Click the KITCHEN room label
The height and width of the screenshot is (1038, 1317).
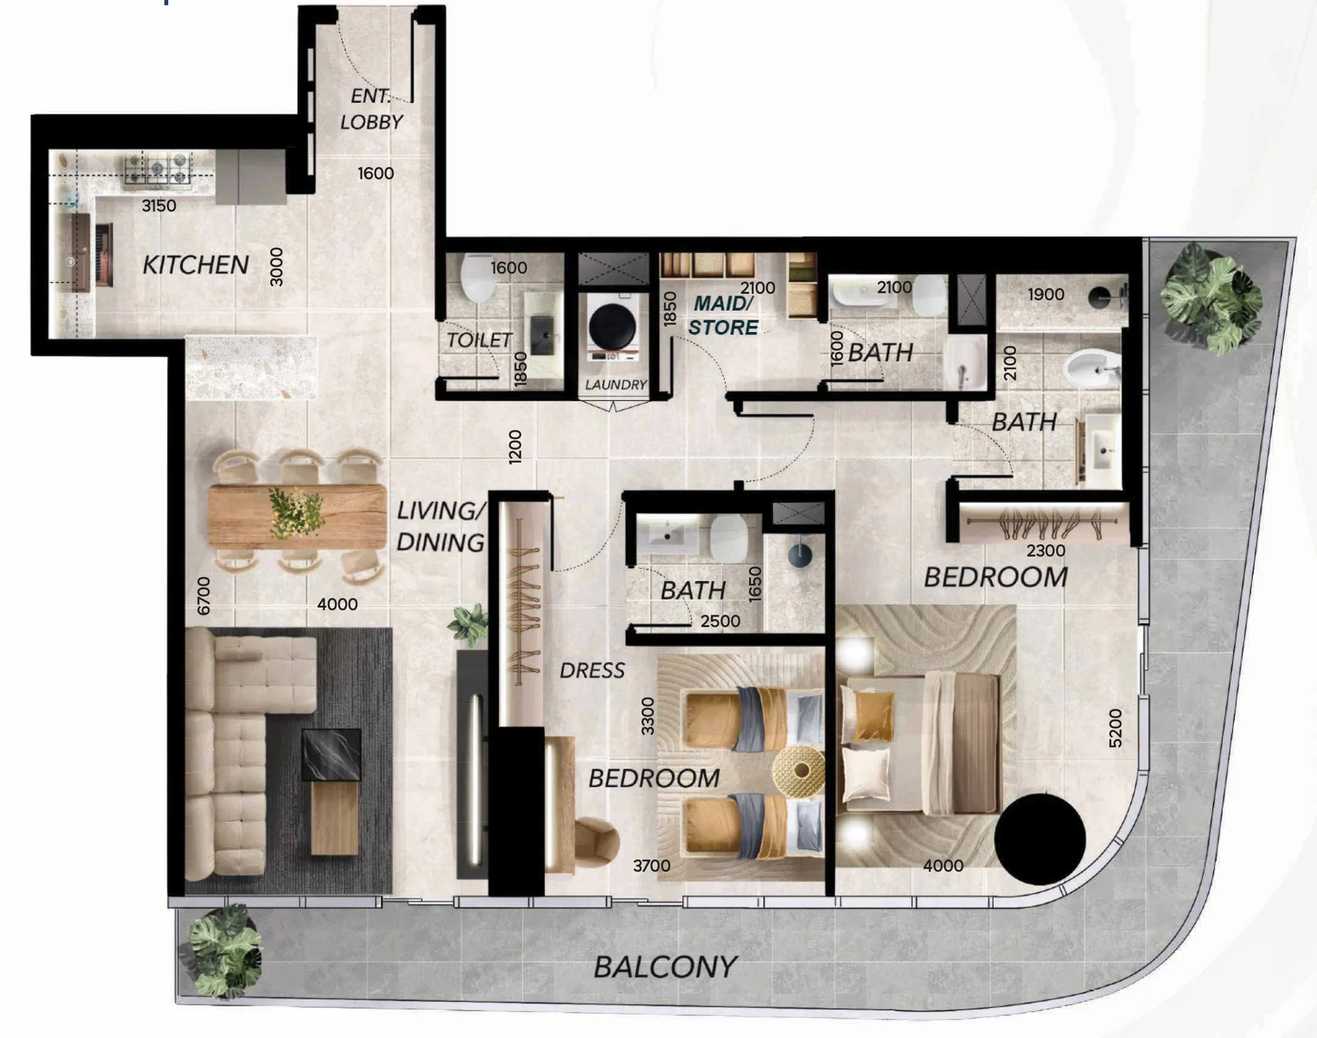pyautogui.click(x=196, y=265)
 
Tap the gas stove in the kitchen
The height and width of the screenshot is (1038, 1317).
pyautogui.click(x=157, y=169)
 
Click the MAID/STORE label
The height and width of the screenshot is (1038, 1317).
pyautogui.click(x=723, y=315)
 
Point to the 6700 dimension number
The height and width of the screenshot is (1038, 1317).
pyautogui.click(x=204, y=596)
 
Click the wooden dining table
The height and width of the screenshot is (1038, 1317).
pyautogui.click(x=297, y=516)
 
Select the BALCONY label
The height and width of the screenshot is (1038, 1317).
pyautogui.click(x=665, y=967)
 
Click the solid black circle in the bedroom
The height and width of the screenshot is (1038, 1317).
pyautogui.click(x=1040, y=839)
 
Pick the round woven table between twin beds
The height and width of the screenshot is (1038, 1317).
pyautogui.click(x=799, y=770)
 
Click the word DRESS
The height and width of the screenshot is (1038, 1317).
pyautogui.click(x=592, y=671)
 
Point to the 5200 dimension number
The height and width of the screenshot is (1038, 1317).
pyautogui.click(x=1115, y=728)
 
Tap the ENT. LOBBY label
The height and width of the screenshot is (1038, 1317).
pyautogui.click(x=371, y=109)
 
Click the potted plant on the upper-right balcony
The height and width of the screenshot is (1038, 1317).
pyautogui.click(x=1211, y=297)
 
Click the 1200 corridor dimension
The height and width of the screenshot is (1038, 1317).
pyautogui.click(x=515, y=447)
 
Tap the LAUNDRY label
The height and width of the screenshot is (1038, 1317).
pyautogui.click(x=615, y=385)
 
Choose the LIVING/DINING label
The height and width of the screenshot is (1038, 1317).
pyautogui.click(x=441, y=526)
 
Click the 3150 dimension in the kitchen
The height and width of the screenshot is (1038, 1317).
pyautogui.click(x=159, y=206)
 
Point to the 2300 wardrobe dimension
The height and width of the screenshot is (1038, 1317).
pyautogui.click(x=1046, y=550)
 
